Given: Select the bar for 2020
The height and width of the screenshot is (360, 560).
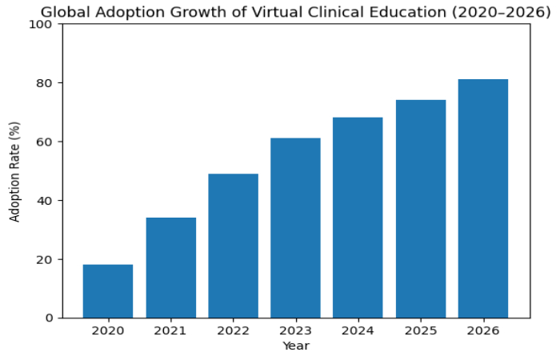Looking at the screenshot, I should [x=108, y=291].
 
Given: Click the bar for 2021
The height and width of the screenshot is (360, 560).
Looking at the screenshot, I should [x=170, y=268].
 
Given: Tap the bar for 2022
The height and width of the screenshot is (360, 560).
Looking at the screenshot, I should [x=233, y=246].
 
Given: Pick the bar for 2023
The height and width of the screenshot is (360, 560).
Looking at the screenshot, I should [x=295, y=228].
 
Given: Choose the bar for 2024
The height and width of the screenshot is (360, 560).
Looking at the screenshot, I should [x=358, y=218].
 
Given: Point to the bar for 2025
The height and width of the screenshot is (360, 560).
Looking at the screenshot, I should [x=420, y=209].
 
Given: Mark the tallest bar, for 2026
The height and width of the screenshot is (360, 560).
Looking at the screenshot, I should [x=482, y=198].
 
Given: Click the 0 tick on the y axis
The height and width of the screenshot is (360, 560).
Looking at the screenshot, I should [x=48, y=318].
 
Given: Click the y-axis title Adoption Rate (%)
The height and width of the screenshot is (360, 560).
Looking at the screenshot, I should [x=14, y=171].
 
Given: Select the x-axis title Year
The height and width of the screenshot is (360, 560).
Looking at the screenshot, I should [x=295, y=346].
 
